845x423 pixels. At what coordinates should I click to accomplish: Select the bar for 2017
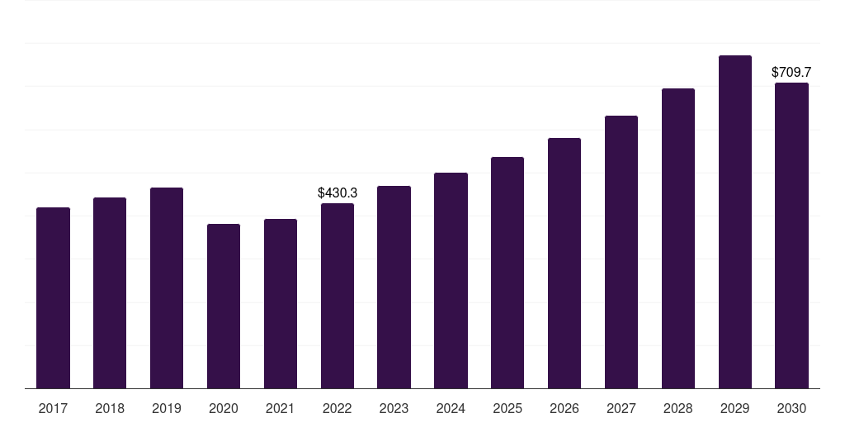point(53,297)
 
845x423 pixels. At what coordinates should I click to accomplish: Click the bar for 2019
point(167,288)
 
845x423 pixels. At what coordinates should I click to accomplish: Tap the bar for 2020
point(224,306)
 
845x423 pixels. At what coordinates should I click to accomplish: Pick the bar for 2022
point(338,296)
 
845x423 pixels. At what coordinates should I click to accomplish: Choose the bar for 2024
point(451,281)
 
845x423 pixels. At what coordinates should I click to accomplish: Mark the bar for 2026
point(564,264)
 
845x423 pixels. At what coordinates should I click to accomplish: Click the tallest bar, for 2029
point(735,221)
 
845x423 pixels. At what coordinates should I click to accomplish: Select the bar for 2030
point(791,235)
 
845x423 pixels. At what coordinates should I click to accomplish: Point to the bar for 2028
point(678,239)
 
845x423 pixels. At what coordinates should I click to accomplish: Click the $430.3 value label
point(338,192)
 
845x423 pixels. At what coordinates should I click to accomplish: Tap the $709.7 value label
point(791,73)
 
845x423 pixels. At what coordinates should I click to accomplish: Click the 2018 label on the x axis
point(110,408)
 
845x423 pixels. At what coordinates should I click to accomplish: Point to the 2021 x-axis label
point(281,408)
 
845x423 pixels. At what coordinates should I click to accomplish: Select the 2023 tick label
point(394,408)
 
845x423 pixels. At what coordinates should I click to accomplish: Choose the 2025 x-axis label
point(507,408)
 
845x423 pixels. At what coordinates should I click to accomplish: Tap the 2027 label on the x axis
point(621,408)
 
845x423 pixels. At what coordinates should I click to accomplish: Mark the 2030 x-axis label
point(791,408)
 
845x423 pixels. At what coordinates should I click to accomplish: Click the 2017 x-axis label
point(53,408)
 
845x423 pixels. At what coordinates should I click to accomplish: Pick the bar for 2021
point(281,304)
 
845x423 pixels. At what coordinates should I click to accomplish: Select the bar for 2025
point(507,273)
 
